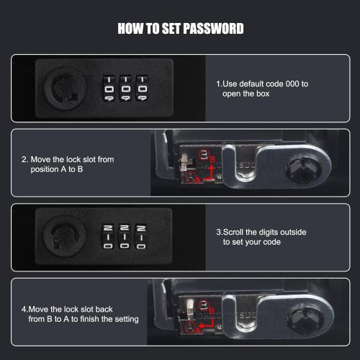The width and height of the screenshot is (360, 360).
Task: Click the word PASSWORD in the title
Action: tap(213, 29)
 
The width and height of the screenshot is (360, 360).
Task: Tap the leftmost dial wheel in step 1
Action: tap(109, 89)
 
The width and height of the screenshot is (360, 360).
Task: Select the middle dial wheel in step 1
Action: tap(125, 89)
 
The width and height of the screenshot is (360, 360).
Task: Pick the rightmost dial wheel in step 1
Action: tap(142, 89)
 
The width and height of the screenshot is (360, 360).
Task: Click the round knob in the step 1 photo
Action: tap(65, 89)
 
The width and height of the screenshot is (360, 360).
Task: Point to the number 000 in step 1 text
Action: tap(292, 84)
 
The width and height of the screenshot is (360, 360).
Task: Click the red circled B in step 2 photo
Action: tap(204, 155)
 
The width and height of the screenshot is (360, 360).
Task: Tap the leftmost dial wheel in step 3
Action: tap(108, 237)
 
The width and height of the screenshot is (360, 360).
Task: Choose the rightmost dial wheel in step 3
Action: tap(141, 237)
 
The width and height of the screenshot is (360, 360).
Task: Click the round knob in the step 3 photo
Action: tap(64, 236)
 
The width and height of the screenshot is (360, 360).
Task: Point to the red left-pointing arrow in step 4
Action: tap(207, 324)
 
